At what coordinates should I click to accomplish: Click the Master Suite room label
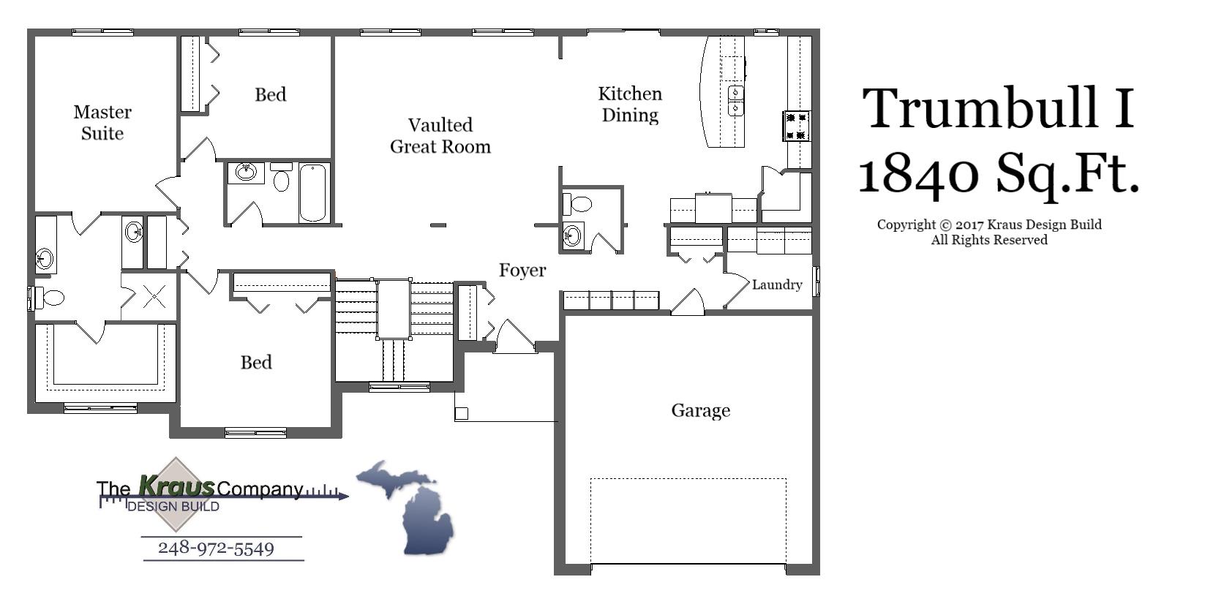click(102, 123)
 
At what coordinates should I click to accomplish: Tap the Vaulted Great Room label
click(440, 136)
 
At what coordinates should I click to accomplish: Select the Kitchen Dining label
click(630, 105)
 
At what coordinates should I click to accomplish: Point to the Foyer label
click(522, 271)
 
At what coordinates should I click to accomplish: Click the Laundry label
click(777, 285)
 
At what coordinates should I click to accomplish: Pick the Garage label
click(700, 411)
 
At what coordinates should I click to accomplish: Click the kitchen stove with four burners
click(797, 126)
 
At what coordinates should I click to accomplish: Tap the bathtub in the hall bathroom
click(312, 193)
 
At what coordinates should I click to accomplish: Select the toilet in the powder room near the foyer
click(579, 203)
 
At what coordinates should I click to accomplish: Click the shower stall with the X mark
click(154, 297)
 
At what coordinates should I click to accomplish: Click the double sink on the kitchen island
click(736, 101)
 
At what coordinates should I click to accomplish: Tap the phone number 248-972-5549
click(216, 548)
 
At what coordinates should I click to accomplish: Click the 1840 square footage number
click(918, 174)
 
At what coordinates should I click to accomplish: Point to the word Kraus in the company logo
click(176, 485)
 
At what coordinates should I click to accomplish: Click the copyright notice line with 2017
click(989, 225)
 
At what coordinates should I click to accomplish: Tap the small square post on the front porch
click(461, 414)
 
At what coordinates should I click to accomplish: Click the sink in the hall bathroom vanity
click(246, 173)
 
